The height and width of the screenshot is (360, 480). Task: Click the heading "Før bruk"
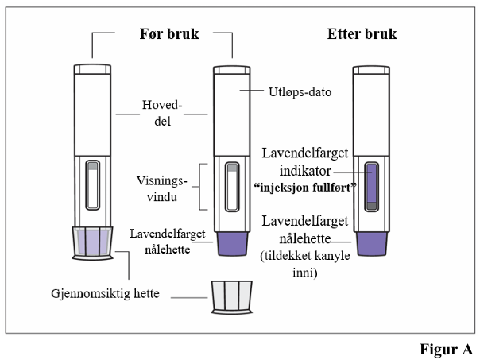tap(169, 33)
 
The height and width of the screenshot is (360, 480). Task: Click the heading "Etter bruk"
tap(362, 33)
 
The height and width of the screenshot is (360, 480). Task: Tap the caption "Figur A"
tap(447, 350)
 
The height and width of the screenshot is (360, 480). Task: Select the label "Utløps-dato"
tap(300, 92)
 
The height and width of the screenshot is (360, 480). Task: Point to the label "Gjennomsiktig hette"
tap(105, 293)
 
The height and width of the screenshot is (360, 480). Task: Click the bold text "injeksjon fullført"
tap(305, 187)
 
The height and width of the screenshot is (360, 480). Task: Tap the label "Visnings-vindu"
tap(161, 188)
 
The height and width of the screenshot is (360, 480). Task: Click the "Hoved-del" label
tap(162, 113)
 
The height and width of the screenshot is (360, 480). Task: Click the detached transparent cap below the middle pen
tap(232, 297)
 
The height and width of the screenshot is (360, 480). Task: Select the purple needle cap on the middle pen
tap(232, 244)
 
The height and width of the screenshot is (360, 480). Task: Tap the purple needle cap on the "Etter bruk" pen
tap(372, 244)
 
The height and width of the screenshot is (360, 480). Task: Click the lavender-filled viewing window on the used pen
tap(371, 187)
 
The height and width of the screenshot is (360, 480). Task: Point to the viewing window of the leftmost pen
tap(92, 185)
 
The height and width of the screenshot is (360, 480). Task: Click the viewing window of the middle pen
tap(232, 187)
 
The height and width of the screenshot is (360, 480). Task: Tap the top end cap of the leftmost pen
tap(92, 69)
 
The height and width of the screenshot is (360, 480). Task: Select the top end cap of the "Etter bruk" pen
tap(371, 71)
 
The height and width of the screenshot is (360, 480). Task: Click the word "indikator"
tap(305, 171)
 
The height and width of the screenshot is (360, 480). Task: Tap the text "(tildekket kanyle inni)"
tap(305, 264)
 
